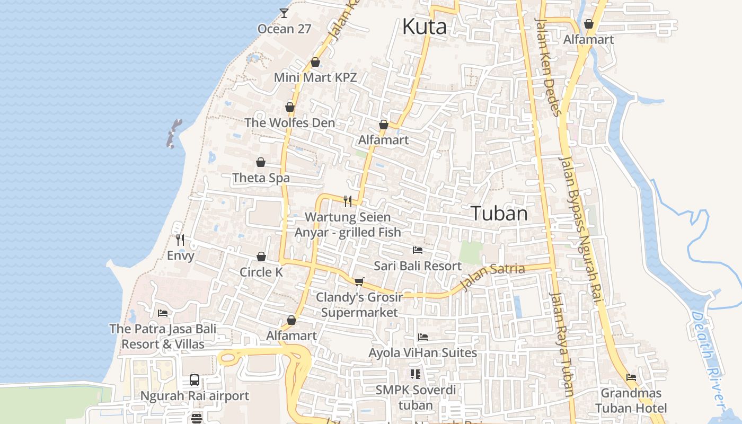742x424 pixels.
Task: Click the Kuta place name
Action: click(425, 26)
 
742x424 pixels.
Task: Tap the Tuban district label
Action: click(499, 214)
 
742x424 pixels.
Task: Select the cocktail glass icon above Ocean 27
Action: click(284, 13)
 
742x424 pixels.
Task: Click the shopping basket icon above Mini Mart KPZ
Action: click(315, 62)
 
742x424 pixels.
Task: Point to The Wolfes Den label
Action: click(289, 122)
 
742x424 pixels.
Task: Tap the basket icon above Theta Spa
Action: click(261, 162)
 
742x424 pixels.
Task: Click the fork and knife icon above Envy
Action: click(180, 240)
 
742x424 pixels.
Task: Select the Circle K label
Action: click(261, 272)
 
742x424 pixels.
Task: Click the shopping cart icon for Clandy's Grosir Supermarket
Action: click(359, 281)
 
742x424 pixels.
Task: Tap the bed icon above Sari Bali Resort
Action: click(418, 250)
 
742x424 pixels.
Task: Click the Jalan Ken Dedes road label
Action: click(549, 67)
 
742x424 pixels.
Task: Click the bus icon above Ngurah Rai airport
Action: click(195, 380)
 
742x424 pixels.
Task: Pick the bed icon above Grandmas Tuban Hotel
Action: click(631, 377)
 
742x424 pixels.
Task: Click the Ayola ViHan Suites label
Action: click(422, 352)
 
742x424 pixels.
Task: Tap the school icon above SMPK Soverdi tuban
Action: click(416, 374)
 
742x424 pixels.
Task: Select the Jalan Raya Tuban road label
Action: click(561, 344)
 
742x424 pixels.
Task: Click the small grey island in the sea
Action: click(173, 133)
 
